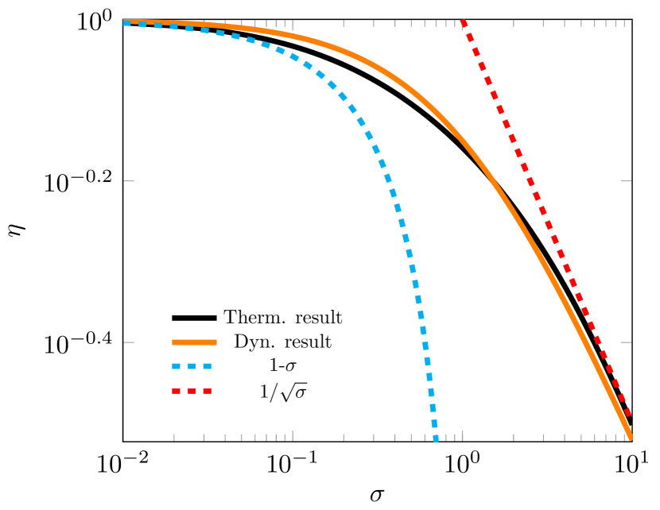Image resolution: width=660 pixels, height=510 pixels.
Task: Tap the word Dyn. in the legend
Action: pyautogui.click(x=254, y=342)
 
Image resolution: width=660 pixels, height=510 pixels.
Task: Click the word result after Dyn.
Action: pyautogui.click(x=308, y=342)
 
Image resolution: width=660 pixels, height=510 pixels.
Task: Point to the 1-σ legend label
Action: pyautogui.click(x=283, y=367)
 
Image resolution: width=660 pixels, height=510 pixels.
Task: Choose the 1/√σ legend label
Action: pyautogui.click(x=283, y=392)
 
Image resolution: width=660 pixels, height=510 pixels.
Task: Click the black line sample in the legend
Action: pyautogui.click(x=194, y=318)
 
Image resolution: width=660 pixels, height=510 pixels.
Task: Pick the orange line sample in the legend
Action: pyautogui.click(x=194, y=342)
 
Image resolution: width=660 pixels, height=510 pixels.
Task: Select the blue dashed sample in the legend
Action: pyautogui.click(x=194, y=367)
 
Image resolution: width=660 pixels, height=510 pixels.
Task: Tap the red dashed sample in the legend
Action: pyautogui.click(x=194, y=392)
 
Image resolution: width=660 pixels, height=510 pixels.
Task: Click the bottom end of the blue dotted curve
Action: pyautogui.click(x=435, y=438)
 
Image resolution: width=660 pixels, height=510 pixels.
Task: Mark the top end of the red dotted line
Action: pyautogui.click(x=463, y=22)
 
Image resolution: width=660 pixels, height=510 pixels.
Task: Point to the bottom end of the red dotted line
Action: pyautogui.click(x=629, y=416)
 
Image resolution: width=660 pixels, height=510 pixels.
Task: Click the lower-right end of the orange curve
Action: pyautogui.click(x=630, y=436)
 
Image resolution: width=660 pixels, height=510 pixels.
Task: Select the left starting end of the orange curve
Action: pyautogui.click(x=126, y=21)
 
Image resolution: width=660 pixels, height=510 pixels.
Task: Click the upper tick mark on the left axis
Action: pyautogui.click(x=129, y=181)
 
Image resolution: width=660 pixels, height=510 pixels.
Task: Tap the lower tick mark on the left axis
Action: pyautogui.click(x=129, y=342)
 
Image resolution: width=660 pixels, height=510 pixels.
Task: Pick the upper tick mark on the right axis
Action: pyautogui.click(x=626, y=181)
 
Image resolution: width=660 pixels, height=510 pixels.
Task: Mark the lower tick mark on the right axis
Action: pyautogui.click(x=626, y=342)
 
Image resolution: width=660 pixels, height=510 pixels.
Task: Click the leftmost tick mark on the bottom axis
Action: pyautogui.click(x=174, y=436)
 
